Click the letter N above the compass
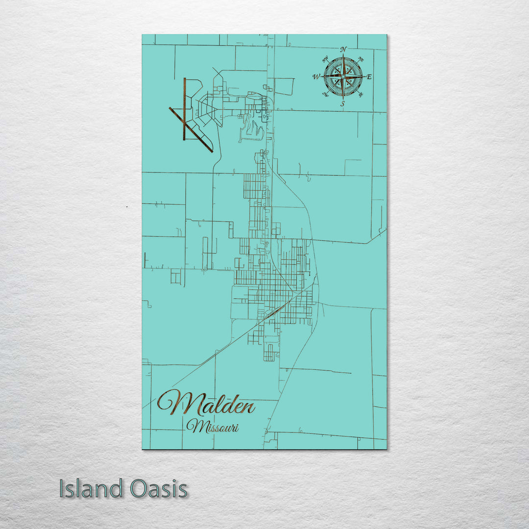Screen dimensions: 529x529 (343, 49)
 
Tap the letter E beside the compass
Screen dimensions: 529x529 (369, 77)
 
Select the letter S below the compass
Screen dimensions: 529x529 (343, 103)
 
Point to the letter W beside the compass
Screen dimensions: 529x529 (316, 77)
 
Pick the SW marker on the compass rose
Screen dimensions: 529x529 (324, 95)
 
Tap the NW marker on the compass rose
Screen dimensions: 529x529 (324, 59)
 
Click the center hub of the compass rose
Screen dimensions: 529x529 (343, 76)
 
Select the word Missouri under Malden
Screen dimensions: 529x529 (213, 427)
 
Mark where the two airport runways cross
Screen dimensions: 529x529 (185, 122)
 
